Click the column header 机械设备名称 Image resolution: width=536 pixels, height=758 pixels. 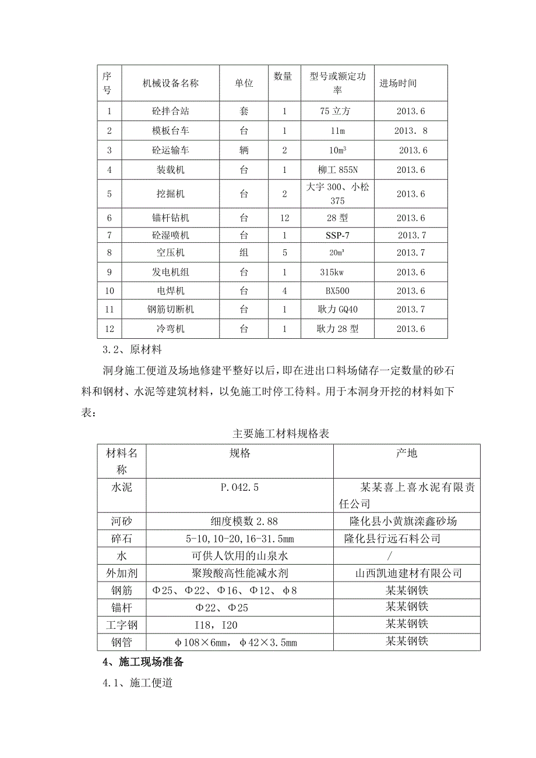click(x=171, y=83)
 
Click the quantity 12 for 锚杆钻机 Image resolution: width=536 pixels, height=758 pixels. click(x=284, y=218)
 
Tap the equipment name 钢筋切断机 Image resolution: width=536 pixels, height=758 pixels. click(x=171, y=310)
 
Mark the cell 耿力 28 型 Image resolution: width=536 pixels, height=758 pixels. click(x=338, y=329)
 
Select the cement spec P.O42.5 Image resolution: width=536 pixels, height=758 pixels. click(x=239, y=487)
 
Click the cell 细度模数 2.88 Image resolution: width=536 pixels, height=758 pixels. click(x=239, y=522)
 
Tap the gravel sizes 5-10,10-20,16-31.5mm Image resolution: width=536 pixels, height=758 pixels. click(x=239, y=539)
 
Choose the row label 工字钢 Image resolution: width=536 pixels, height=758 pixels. click(x=122, y=625)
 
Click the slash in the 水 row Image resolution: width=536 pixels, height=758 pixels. click(x=406, y=557)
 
